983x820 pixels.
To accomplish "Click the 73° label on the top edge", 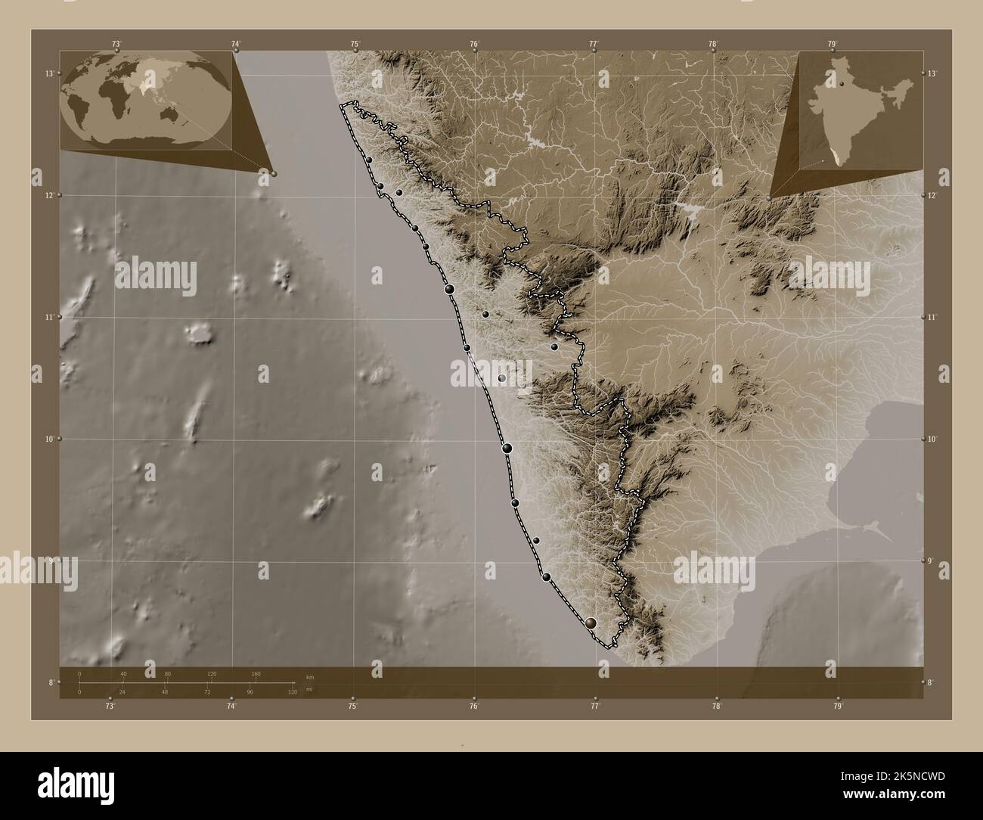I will [116, 44].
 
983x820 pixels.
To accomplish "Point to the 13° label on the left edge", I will [48, 73].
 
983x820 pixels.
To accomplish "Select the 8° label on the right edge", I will [931, 683].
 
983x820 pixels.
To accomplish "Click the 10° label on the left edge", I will [48, 439].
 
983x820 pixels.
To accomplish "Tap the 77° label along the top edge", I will [594, 44].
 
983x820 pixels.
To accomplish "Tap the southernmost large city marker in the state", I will [591, 623].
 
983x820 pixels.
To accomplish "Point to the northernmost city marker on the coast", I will [368, 160].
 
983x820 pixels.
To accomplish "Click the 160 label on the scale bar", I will [256, 673].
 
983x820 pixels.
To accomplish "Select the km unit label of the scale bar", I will [310, 676].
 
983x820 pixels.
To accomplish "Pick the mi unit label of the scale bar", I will [310, 691].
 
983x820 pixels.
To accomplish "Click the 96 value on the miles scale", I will [249, 692].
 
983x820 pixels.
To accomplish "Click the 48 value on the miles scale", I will [165, 692].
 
